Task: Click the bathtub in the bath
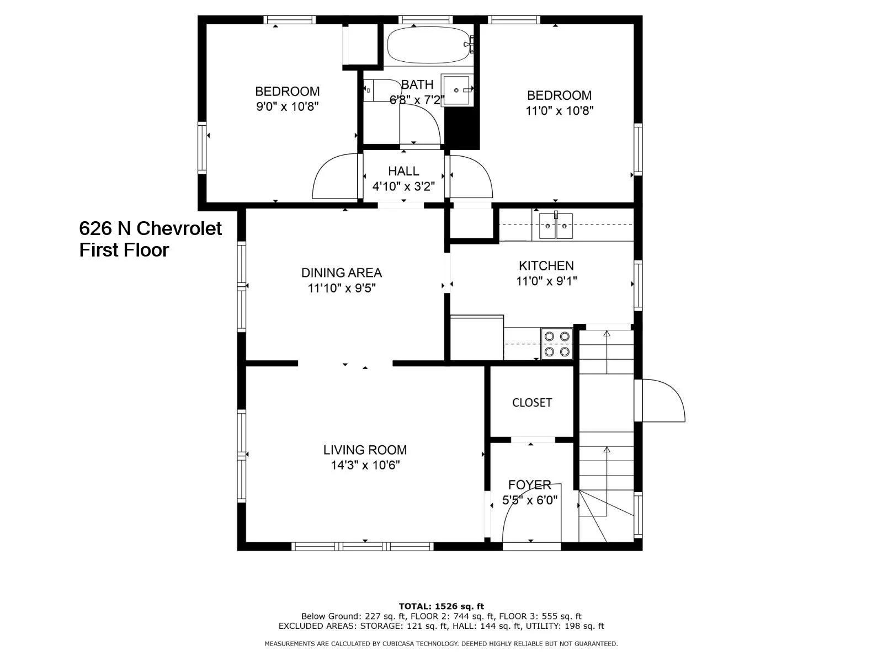[430, 45]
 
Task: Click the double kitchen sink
[556, 226]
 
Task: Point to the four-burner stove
[557, 344]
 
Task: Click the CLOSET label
[532, 402]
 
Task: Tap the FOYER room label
[529, 485]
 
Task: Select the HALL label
[403, 171]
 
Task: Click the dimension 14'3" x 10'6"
[365, 465]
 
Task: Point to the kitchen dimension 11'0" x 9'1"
[547, 281]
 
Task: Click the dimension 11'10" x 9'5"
[342, 288]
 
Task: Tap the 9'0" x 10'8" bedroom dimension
[287, 106]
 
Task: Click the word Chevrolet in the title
[179, 228]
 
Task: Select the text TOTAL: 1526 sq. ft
[441, 606]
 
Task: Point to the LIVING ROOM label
[365, 450]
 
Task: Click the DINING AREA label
[342, 273]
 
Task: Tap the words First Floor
[124, 250]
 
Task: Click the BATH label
[417, 84]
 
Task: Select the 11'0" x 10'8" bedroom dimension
[560, 110]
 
